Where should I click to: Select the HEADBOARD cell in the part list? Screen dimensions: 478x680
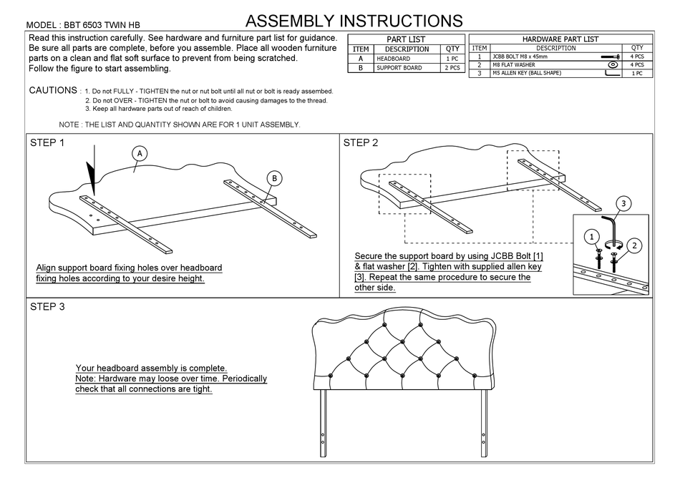(394, 59)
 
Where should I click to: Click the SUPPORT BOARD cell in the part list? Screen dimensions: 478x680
(399, 68)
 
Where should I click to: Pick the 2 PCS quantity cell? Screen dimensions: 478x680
(452, 68)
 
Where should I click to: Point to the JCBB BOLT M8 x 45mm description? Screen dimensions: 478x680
(521, 56)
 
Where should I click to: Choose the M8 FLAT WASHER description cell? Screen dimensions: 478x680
(514, 64)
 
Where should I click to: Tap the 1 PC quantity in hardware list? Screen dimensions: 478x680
(637, 73)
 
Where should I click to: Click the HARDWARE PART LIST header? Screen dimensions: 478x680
(560, 39)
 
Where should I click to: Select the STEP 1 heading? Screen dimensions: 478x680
(47, 143)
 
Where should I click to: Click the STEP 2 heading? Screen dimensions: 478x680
(361, 143)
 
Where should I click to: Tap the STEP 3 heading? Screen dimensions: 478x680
(47, 307)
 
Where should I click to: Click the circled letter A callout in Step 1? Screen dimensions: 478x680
(140, 153)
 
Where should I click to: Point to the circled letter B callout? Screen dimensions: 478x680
(274, 178)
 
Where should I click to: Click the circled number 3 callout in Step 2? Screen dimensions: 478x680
(623, 203)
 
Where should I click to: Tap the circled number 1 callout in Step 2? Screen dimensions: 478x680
(591, 235)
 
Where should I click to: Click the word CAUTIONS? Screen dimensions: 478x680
(54, 91)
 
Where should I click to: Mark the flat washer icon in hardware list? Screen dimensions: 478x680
(612, 64)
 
